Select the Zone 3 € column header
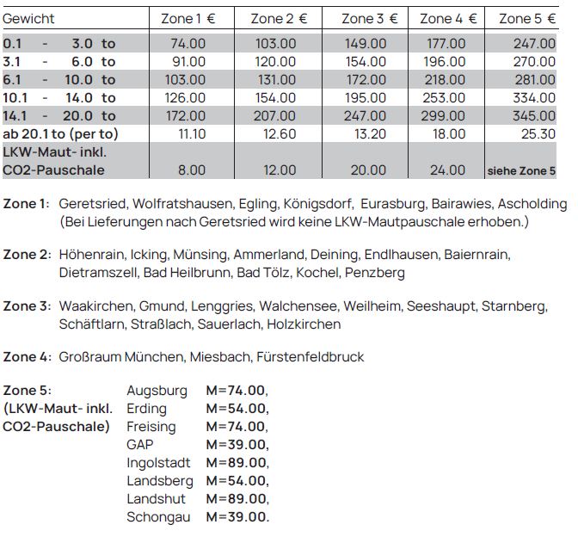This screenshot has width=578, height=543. (369, 19)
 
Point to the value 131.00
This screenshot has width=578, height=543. (277, 80)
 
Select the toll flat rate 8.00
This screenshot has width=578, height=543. (191, 170)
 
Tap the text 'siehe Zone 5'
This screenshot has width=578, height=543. (521, 171)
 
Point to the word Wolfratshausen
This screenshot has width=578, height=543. (175, 205)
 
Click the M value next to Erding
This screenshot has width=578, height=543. (237, 409)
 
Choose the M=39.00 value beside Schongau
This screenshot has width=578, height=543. (237, 517)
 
